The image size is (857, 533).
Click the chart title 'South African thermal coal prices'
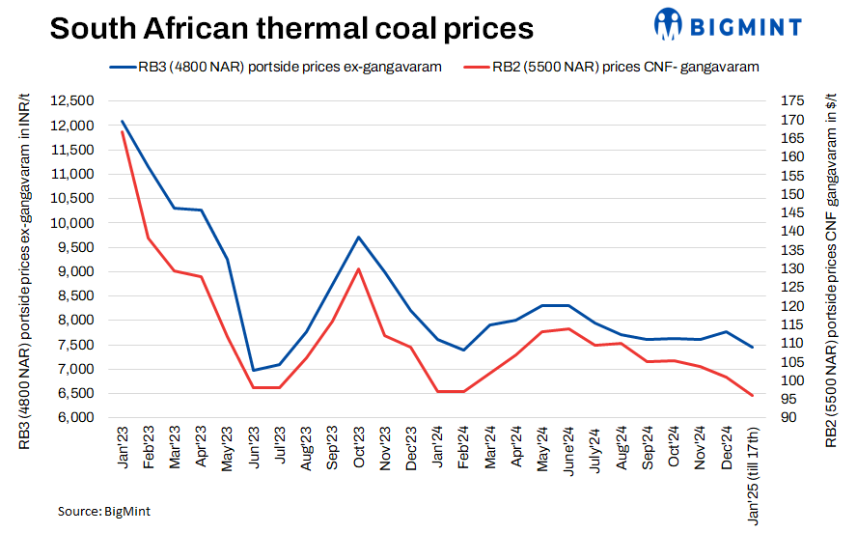point(291,28)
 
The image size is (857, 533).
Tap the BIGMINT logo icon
point(668,22)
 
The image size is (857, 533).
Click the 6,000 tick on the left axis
point(73,418)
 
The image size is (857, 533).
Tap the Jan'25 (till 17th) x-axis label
point(753,474)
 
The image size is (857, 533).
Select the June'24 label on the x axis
point(567,450)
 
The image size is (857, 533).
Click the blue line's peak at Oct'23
point(358,237)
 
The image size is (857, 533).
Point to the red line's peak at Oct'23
point(358,268)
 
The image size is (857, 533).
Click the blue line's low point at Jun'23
point(253,371)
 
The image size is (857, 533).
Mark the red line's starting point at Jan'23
point(123,131)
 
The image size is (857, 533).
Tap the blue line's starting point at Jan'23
point(123,121)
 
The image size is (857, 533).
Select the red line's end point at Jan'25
point(753,396)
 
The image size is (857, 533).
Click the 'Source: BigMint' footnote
point(104,511)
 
